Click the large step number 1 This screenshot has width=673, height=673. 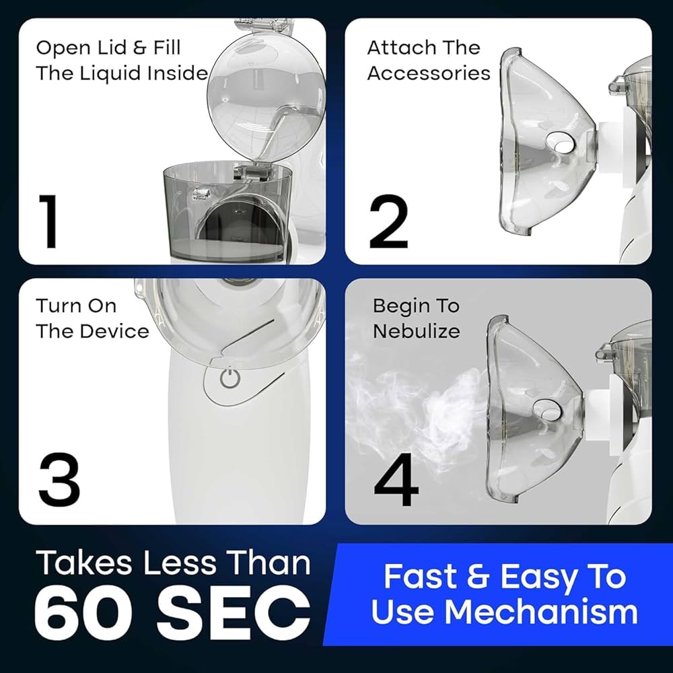tap(48, 221)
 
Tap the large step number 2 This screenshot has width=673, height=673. tap(389, 221)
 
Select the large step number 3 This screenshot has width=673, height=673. tap(59, 480)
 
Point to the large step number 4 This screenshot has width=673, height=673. tap(396, 481)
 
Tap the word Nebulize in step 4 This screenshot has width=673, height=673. tap(417, 331)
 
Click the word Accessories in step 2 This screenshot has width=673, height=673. tap(429, 73)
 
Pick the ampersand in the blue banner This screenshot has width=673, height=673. tap(478, 577)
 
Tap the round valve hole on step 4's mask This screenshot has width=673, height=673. tap(547, 409)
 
